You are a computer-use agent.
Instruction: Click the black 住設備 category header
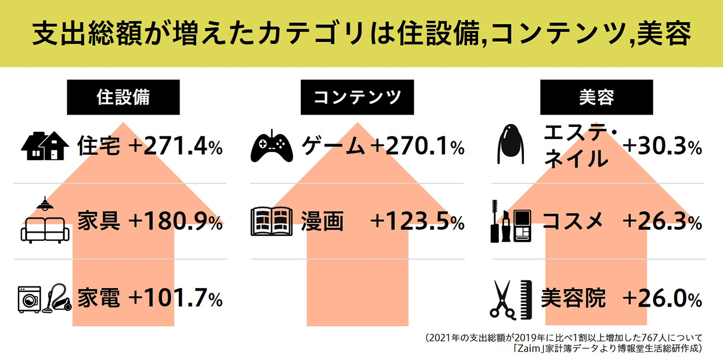123,97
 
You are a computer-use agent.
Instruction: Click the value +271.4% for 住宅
175,147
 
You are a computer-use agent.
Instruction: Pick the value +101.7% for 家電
175,299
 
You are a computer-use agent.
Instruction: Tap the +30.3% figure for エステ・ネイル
662,147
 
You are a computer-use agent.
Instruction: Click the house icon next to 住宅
45,146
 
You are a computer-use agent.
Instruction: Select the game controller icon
271,147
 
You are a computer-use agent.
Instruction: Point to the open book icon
271,221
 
